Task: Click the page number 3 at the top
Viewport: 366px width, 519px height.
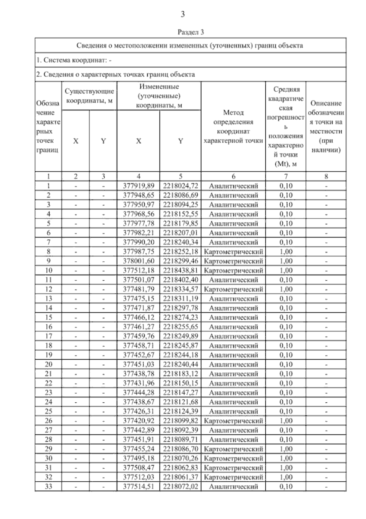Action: tap(182, 14)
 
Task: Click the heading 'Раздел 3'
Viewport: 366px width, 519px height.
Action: tap(190, 32)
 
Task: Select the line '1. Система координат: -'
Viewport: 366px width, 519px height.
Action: tap(74, 60)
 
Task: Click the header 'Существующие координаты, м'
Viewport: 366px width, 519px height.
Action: tap(89, 96)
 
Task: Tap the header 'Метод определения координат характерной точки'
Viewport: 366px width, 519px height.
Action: tap(233, 126)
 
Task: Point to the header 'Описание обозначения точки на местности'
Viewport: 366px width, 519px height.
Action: tap(326, 126)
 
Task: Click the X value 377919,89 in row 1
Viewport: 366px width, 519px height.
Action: tap(138, 186)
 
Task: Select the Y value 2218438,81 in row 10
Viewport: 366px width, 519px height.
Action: tap(181, 270)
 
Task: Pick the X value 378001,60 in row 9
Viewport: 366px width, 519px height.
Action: tap(138, 261)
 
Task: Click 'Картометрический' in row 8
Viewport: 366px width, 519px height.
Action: tap(233, 252)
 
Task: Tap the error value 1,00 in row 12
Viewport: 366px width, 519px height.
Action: tap(286, 289)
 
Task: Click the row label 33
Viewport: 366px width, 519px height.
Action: tap(48, 487)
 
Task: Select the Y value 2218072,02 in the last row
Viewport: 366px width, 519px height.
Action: tap(181, 487)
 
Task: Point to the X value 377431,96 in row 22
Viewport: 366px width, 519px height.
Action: tap(138, 383)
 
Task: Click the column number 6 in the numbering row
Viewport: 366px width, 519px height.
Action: tap(233, 176)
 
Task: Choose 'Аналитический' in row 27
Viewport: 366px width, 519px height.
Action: tap(233, 430)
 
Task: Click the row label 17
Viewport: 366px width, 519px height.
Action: tap(48, 336)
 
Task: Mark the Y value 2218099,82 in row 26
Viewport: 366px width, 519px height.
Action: tap(181, 421)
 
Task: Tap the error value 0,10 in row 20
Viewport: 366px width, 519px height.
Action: tap(286, 365)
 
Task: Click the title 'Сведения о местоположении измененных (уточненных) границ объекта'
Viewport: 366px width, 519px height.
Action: tap(189, 46)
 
